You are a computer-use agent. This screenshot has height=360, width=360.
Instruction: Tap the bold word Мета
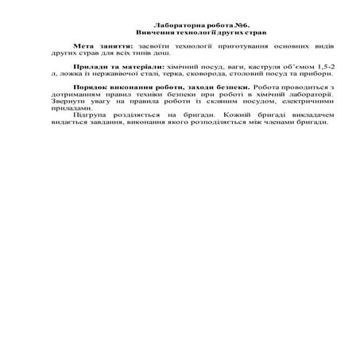pyautogui.click(x=83, y=47)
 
